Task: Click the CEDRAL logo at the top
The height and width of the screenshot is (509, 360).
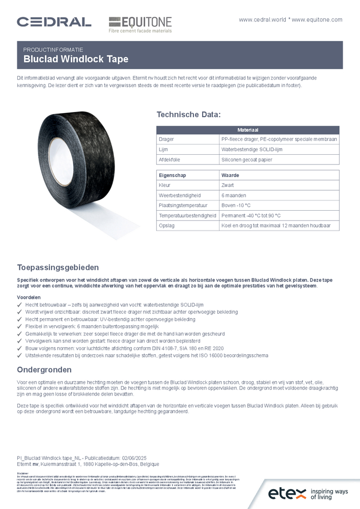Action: [x=54, y=21]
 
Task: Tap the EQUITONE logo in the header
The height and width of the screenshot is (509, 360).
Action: [x=140, y=24]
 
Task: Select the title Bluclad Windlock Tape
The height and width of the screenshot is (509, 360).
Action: [x=76, y=59]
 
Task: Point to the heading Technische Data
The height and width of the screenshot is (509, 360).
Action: [x=188, y=114]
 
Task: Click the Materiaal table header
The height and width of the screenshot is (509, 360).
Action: [x=247, y=130]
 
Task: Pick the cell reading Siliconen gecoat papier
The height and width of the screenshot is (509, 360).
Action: [x=247, y=160]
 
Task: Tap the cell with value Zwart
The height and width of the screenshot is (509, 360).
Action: [x=227, y=185]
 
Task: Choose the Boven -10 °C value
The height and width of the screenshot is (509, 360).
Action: [x=236, y=205]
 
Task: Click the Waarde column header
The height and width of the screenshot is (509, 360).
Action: [x=230, y=175]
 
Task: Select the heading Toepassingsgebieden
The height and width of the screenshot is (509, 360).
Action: [x=58, y=267]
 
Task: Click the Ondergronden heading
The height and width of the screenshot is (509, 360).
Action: [x=44, y=370]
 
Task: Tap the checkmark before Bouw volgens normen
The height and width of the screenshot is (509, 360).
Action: [x=19, y=348]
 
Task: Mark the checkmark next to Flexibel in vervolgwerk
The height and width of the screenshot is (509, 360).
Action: [x=19, y=326]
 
